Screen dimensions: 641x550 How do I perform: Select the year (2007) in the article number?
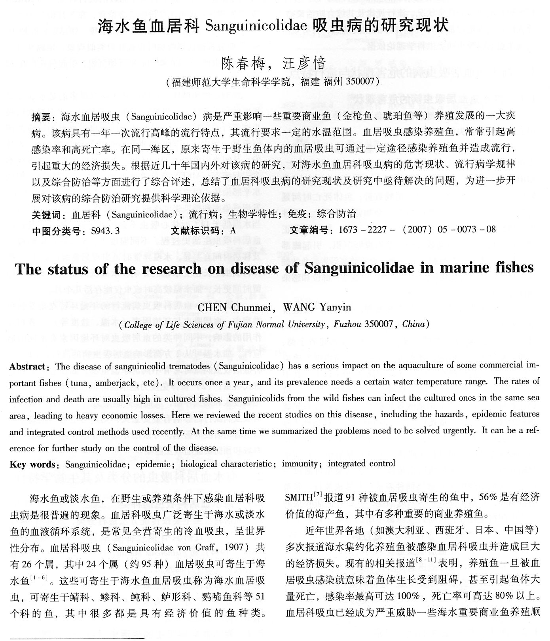pos(417,230)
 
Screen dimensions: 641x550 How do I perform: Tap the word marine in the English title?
pos(462,268)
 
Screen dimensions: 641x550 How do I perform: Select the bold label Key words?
pos(32,464)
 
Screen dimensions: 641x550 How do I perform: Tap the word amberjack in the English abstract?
pos(119,383)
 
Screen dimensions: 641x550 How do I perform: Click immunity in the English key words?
pos(300,464)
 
